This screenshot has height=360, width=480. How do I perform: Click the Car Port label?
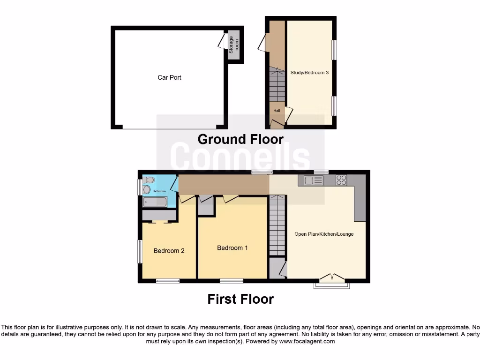(169, 77)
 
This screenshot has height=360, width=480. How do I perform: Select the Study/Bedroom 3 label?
(309, 73)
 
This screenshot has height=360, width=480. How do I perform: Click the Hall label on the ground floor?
(277, 111)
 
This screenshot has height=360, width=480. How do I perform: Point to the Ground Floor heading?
(240, 139)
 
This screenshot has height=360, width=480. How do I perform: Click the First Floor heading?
(240, 299)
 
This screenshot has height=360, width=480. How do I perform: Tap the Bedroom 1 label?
(232, 247)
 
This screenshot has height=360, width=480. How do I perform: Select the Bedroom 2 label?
(169, 251)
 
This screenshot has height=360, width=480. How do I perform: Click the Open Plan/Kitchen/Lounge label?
(324, 234)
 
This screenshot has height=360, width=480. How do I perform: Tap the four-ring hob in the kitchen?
(341, 180)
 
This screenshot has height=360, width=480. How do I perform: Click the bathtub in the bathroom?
(154, 202)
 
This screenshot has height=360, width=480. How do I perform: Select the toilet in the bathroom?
(148, 180)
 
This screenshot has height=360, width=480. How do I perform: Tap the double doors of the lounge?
(332, 278)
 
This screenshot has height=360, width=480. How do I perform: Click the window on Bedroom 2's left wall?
(140, 252)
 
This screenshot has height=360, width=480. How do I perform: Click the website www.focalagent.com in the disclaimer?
(307, 342)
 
